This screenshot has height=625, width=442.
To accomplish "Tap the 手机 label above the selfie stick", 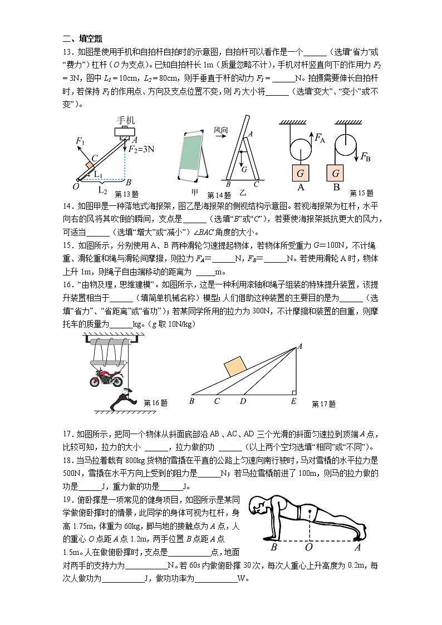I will (x=125, y=120).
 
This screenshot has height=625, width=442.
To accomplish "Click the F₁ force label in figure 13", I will (x=81, y=142).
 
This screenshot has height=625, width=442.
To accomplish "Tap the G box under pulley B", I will (x=336, y=174).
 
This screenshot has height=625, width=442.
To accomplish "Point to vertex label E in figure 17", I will (x=293, y=401).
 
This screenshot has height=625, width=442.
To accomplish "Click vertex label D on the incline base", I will (x=243, y=401).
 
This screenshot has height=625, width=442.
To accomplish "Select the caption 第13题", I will (x=126, y=194).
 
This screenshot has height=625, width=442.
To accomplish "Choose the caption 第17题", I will (x=323, y=404).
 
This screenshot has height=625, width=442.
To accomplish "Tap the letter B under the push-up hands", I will (x=274, y=547).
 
